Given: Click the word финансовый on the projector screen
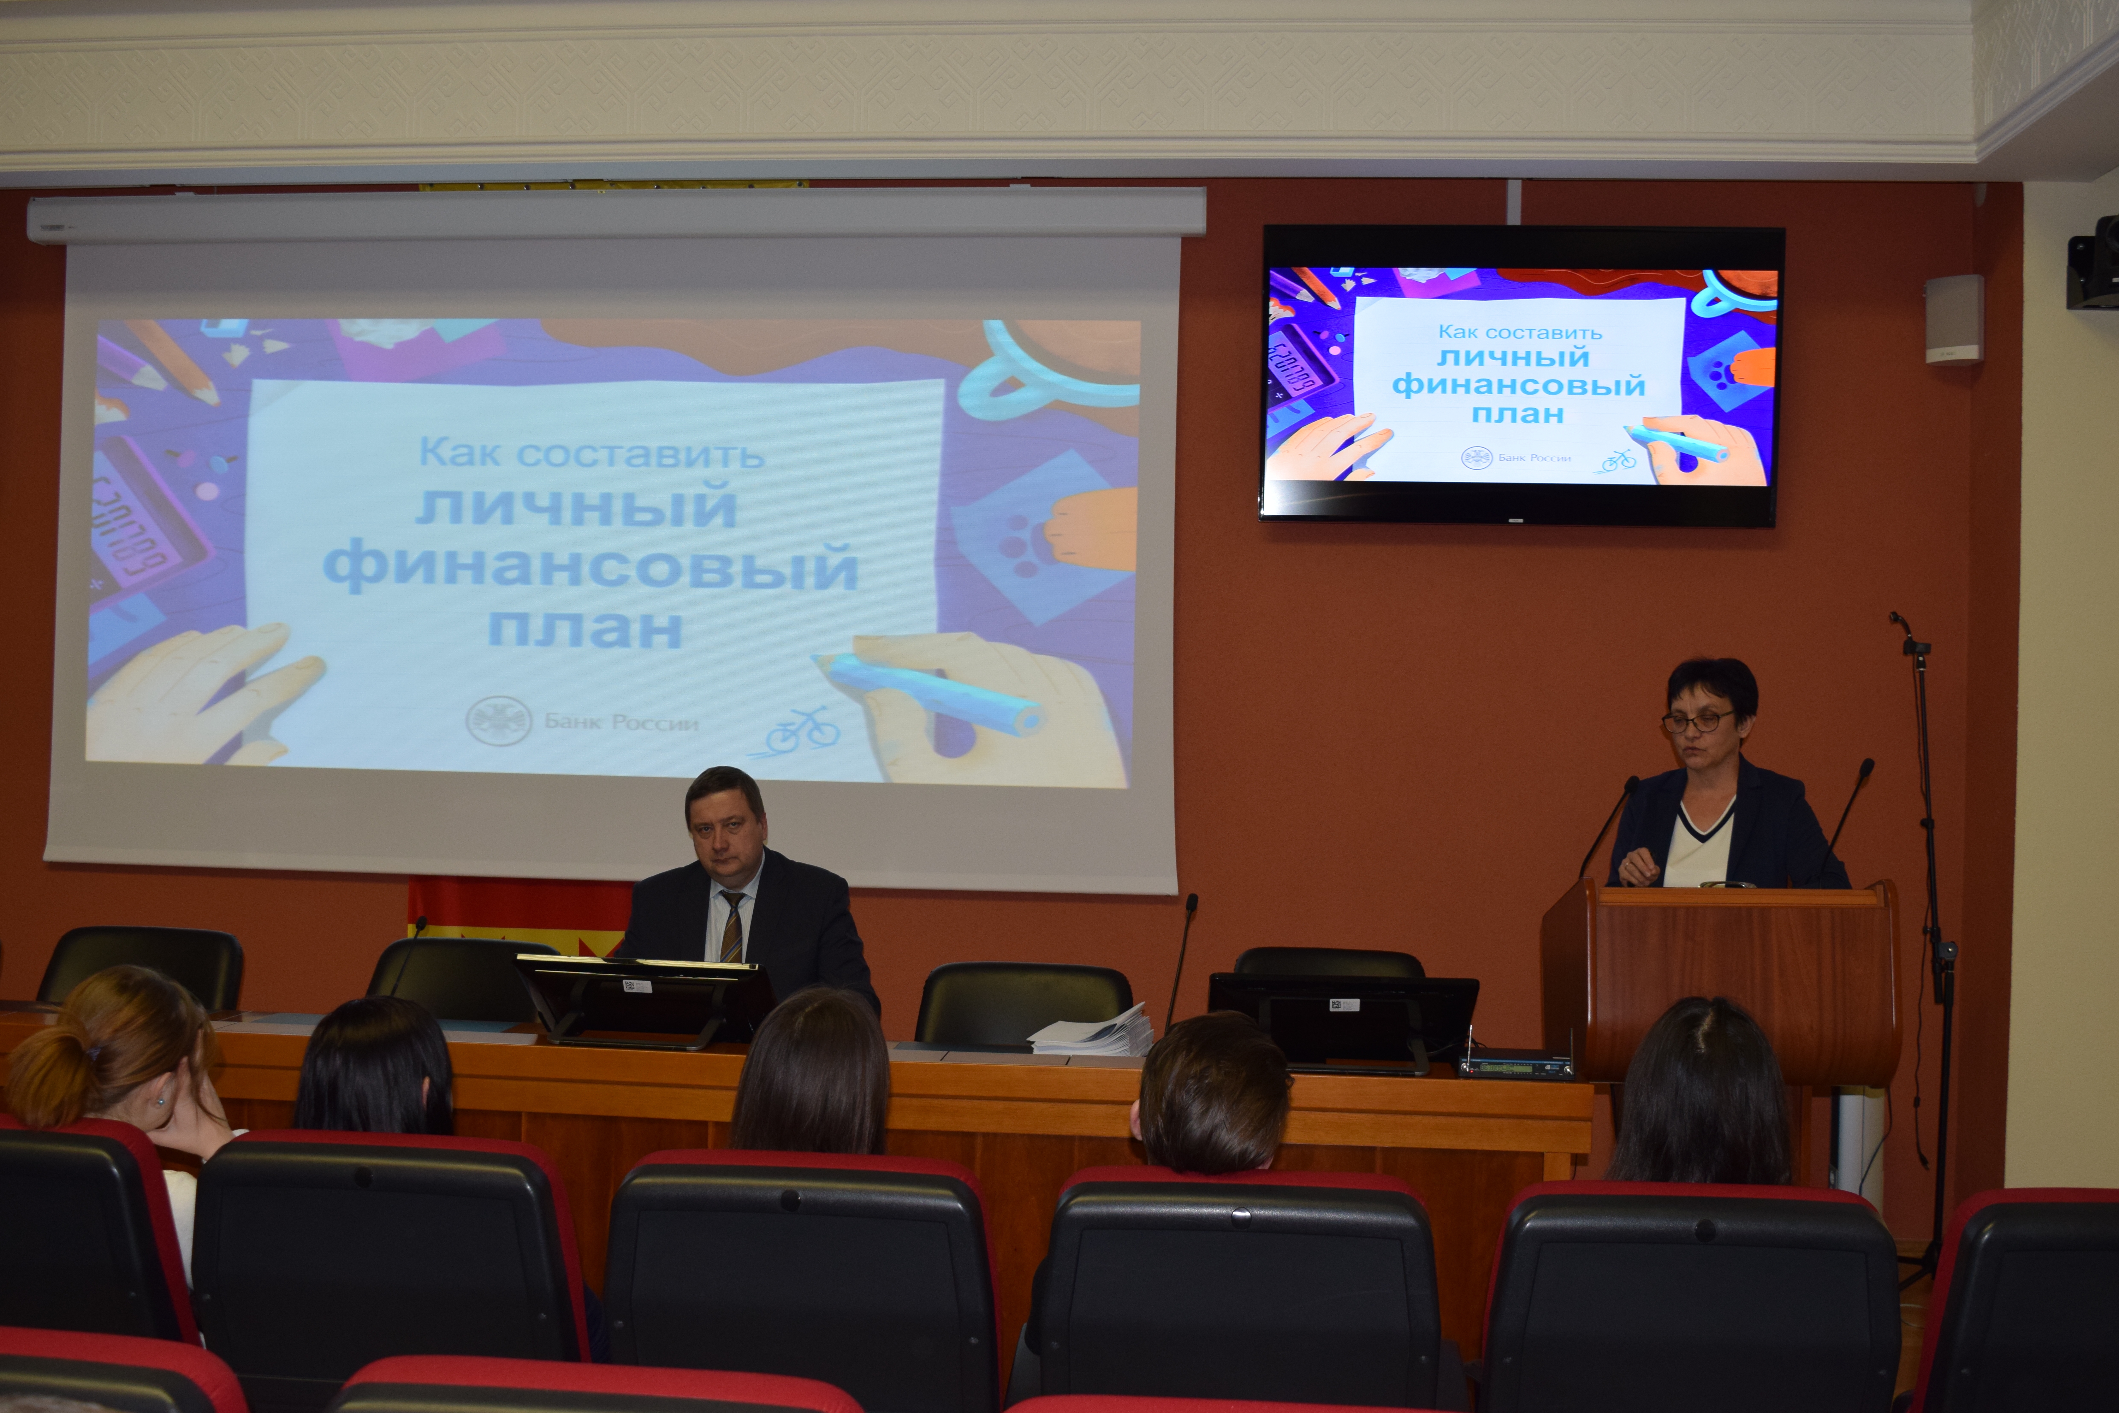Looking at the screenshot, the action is click(x=590, y=568).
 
